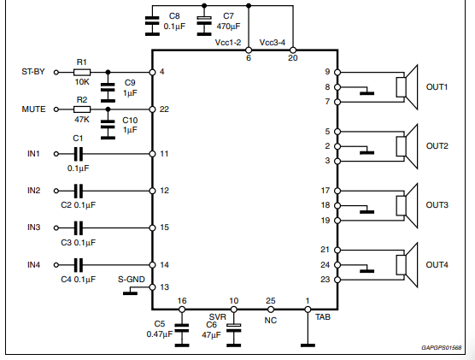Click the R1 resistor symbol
click(x=82, y=72)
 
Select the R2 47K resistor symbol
click(x=82, y=109)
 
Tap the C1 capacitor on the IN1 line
click(x=78, y=154)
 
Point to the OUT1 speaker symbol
click(x=407, y=87)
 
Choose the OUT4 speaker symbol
click(x=407, y=265)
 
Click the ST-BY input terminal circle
click(x=56, y=72)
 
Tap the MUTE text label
click(x=33, y=109)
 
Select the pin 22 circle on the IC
click(x=152, y=109)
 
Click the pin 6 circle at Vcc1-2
click(x=249, y=50)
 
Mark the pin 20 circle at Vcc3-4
click(x=293, y=50)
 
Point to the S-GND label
click(x=132, y=280)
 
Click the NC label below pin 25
click(x=271, y=321)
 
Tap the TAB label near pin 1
click(x=323, y=317)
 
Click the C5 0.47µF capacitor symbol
click(x=182, y=332)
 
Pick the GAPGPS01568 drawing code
click(x=442, y=347)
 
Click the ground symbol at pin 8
click(x=367, y=91)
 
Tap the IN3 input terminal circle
click(x=56, y=227)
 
